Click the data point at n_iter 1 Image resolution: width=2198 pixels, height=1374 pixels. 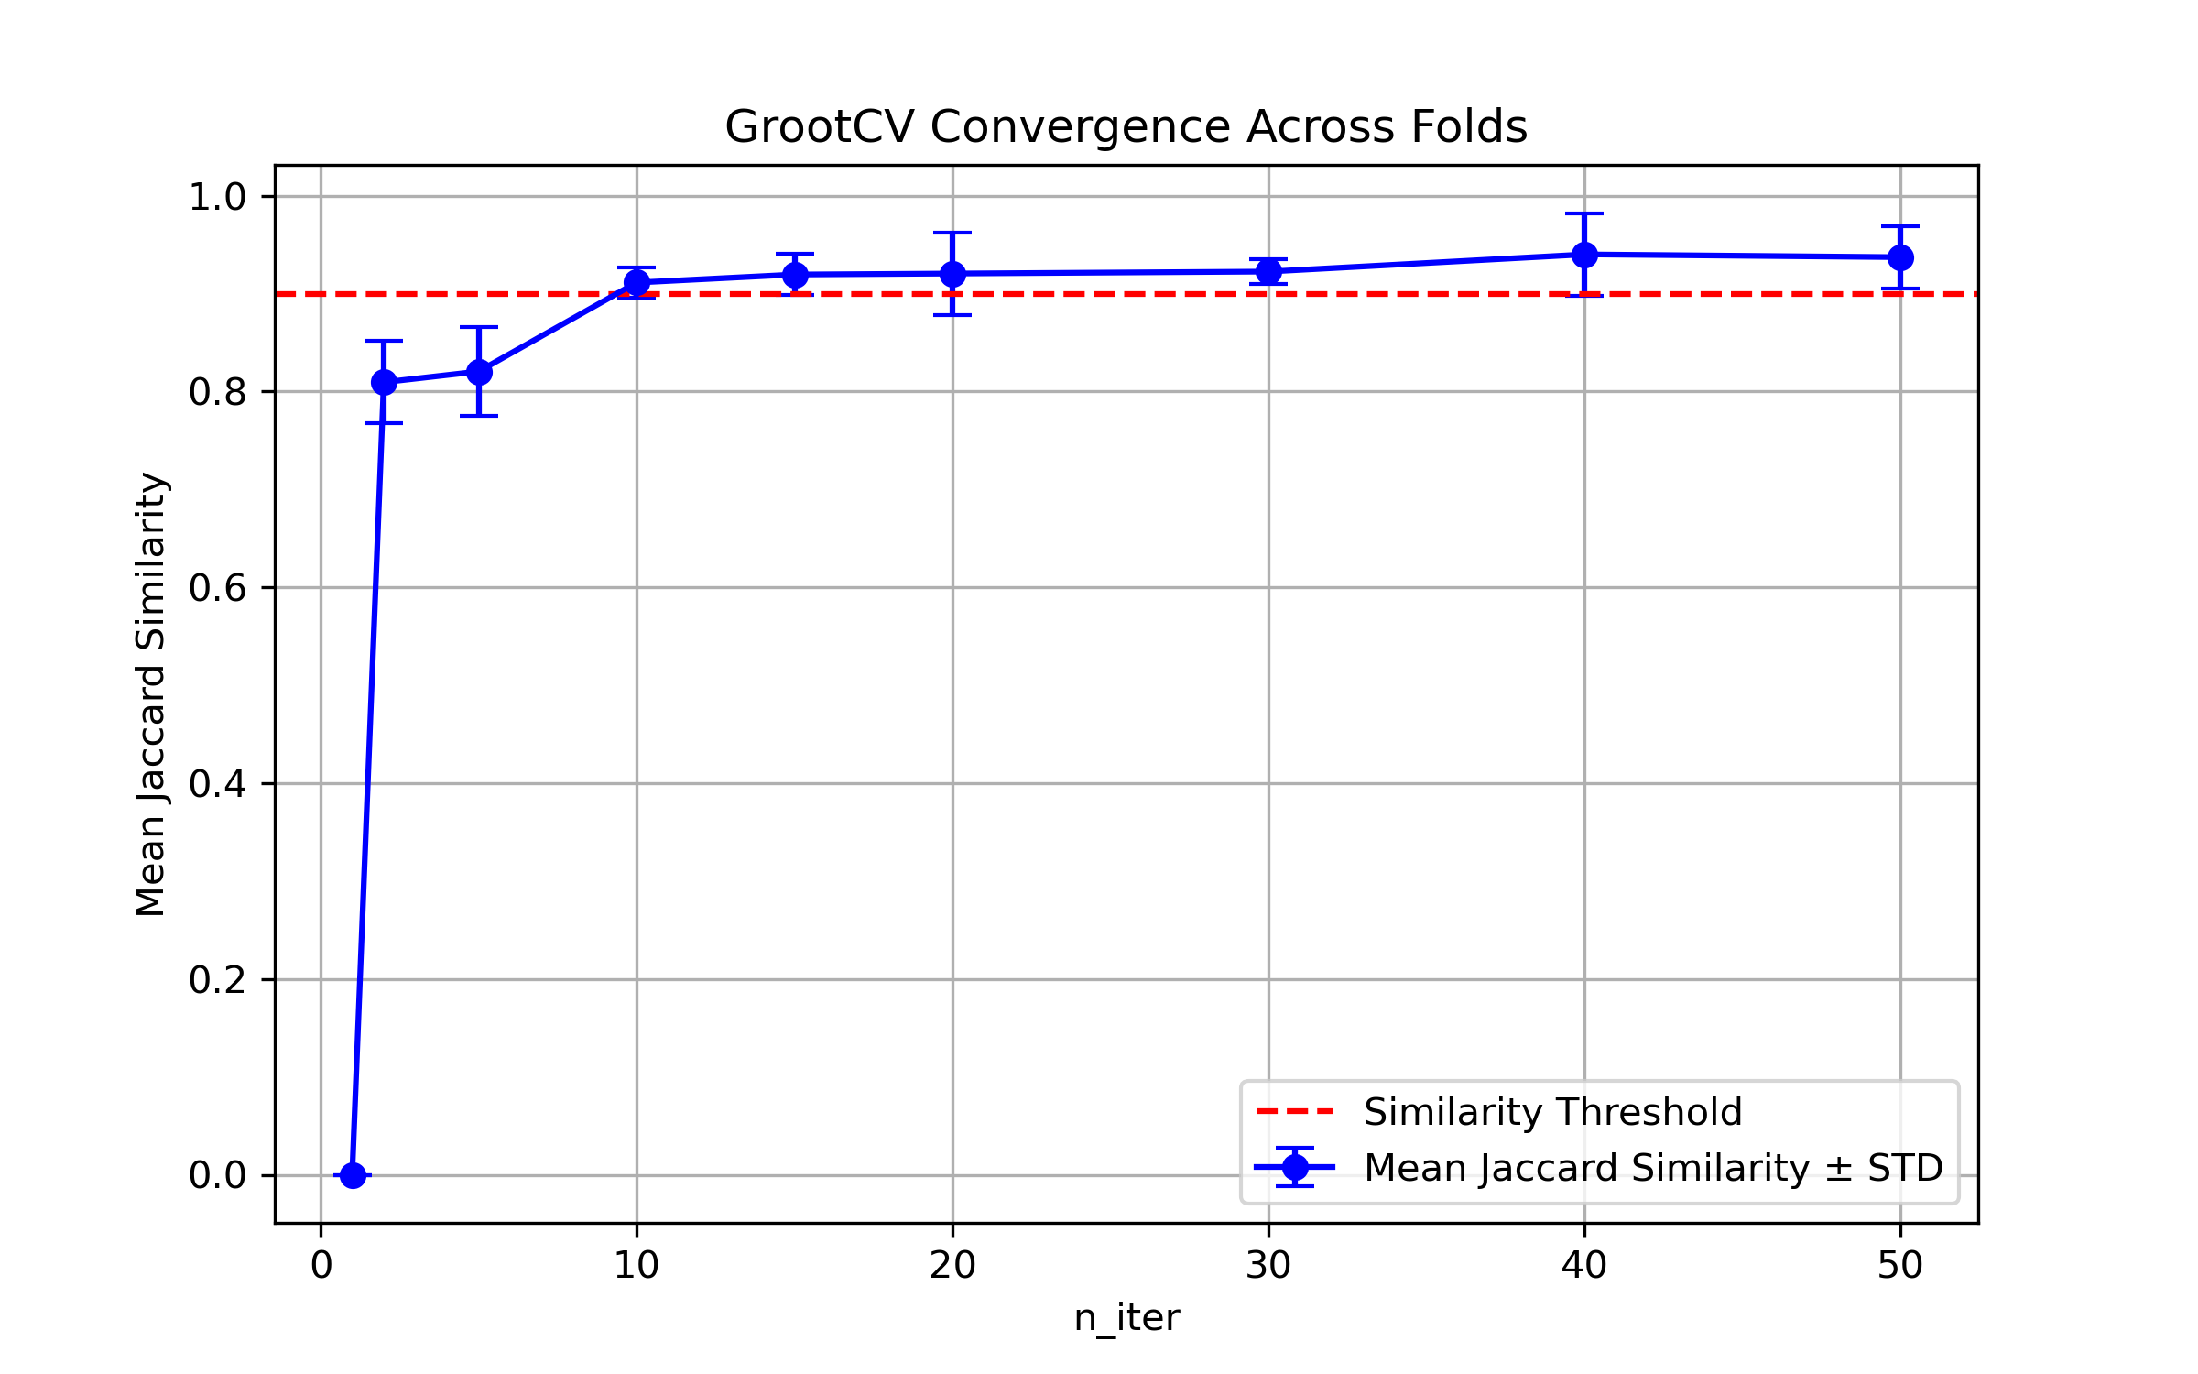tap(353, 1175)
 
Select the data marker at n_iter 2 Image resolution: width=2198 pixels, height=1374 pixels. tap(384, 382)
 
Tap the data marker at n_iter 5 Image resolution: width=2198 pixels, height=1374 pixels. tap(479, 372)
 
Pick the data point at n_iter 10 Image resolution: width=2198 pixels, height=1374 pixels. tap(637, 283)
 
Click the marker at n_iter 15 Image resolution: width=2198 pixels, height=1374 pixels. tap(795, 275)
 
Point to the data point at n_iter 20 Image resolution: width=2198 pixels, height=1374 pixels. tap(952, 274)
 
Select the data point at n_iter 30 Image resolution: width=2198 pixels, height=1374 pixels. tap(1268, 271)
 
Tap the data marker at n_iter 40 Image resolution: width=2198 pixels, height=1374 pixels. tap(1584, 255)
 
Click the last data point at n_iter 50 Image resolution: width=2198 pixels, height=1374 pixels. tap(1900, 257)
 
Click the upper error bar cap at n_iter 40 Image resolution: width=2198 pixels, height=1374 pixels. tap(1584, 213)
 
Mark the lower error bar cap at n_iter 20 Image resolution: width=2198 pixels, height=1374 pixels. tap(952, 315)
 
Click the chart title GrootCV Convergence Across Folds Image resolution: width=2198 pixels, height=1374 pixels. tap(1126, 127)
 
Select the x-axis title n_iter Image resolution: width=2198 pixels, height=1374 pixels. tap(1126, 1318)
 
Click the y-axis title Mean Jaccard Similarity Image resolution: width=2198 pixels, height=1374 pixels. tap(151, 693)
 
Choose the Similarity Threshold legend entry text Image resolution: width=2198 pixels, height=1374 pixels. tap(1552, 1112)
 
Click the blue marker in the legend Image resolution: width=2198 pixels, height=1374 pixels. tap(1295, 1167)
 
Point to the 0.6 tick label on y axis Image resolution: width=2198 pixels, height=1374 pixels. tap(217, 588)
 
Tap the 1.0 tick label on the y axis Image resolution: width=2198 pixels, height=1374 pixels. tap(217, 197)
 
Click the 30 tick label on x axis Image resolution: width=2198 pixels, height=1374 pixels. tap(1268, 1266)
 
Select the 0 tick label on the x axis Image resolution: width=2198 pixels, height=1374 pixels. tap(321, 1266)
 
